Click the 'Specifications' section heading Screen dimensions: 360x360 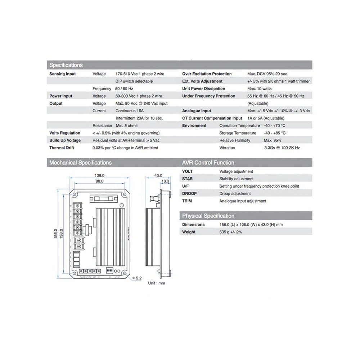pyautogui.click(x=66, y=65)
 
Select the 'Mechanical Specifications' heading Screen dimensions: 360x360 pyautogui.click(x=80, y=163)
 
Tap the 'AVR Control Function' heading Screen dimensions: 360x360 pyautogui.click(x=208, y=163)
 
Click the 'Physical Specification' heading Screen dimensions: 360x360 pyautogui.click(x=208, y=216)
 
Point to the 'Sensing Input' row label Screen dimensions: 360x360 pyautogui.click(x=62, y=74)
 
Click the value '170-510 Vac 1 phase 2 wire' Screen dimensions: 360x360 pyautogui.click(x=140, y=74)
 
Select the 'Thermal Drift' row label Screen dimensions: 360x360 pyautogui.click(x=62, y=148)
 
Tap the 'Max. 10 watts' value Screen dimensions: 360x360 pyautogui.click(x=260, y=89)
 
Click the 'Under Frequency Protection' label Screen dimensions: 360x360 pyautogui.click(x=208, y=96)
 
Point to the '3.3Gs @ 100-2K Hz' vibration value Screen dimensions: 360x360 pyautogui.click(x=282, y=148)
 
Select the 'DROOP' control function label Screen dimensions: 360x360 pyautogui.click(x=189, y=194)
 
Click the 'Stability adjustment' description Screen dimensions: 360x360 pyautogui.click(x=236, y=179)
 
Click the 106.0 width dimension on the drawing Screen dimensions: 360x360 pyautogui.click(x=99, y=175)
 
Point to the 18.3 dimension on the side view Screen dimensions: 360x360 pyautogui.click(x=165, y=181)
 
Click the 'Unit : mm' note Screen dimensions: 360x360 pyautogui.click(x=156, y=283)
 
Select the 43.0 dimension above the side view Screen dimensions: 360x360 pyautogui.click(x=158, y=175)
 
